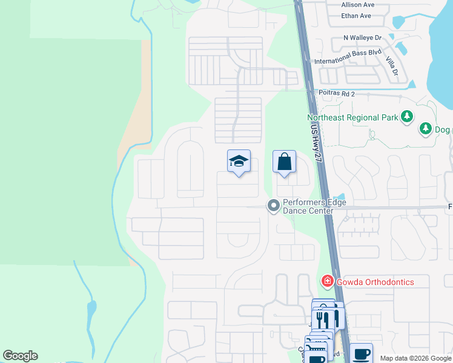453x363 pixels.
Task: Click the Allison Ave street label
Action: pyautogui.click(x=357, y=5)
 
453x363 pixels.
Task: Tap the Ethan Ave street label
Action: pyautogui.click(x=357, y=16)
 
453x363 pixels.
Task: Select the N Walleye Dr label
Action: pyautogui.click(x=362, y=38)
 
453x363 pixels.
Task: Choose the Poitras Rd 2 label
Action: pyautogui.click(x=336, y=94)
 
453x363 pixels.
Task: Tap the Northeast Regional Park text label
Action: pyautogui.click(x=352, y=117)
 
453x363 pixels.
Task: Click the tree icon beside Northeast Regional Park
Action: pyautogui.click(x=408, y=116)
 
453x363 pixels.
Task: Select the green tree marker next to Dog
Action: pyautogui.click(x=425, y=129)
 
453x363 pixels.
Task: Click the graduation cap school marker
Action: pyautogui.click(x=239, y=162)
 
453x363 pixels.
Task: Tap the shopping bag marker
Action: pyautogui.click(x=284, y=162)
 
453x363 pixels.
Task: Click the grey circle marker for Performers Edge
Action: pyautogui.click(x=273, y=206)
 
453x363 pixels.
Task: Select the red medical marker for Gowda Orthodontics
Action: pyautogui.click(x=327, y=281)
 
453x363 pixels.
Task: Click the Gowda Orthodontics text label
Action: pyautogui.click(x=375, y=283)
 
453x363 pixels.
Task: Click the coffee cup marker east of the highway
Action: pyautogui.click(x=361, y=353)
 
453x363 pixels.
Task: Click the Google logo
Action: pyautogui.click(x=21, y=356)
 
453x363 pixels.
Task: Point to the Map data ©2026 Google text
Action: pyautogui.click(x=415, y=358)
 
